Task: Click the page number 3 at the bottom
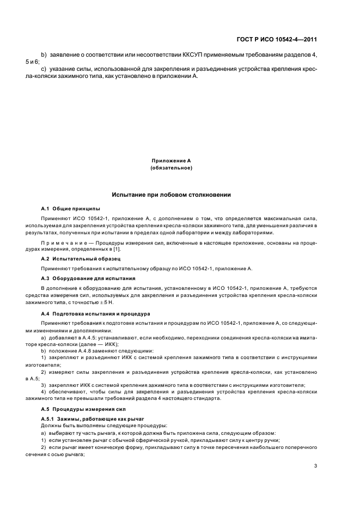click(x=315, y=465)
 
